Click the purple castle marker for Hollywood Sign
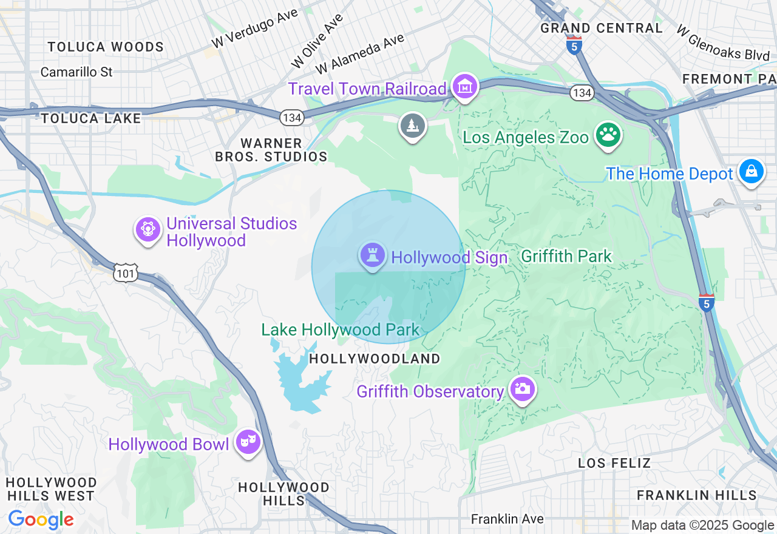click(x=372, y=255)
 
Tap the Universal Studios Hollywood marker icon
click(x=148, y=230)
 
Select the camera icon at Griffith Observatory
click(x=522, y=389)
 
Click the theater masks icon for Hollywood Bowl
click(x=248, y=442)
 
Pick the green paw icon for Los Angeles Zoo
click(x=607, y=135)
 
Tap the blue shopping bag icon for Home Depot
click(x=751, y=172)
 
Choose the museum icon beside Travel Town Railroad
click(x=466, y=86)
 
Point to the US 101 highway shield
click(x=126, y=274)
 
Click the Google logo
click(x=41, y=519)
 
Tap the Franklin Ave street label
click(x=507, y=519)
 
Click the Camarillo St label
click(x=76, y=72)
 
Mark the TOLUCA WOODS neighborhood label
click(x=106, y=47)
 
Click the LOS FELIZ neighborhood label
click(x=614, y=463)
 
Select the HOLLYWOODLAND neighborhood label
click(x=375, y=359)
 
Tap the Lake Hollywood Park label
click(x=341, y=330)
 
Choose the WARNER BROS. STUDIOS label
click(x=271, y=150)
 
